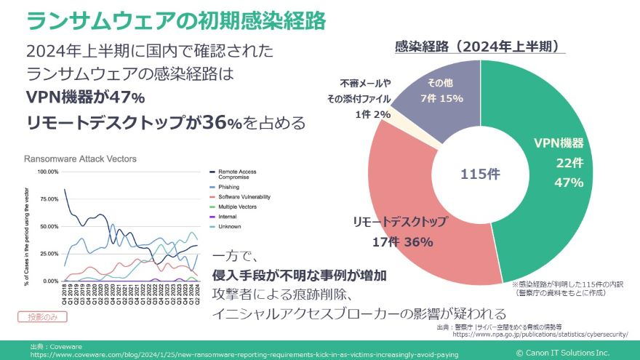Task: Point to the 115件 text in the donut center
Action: [x=480, y=175]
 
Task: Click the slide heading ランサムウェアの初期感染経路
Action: [x=175, y=20]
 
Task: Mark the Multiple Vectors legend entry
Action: [x=236, y=207]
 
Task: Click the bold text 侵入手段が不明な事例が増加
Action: [x=299, y=276]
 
